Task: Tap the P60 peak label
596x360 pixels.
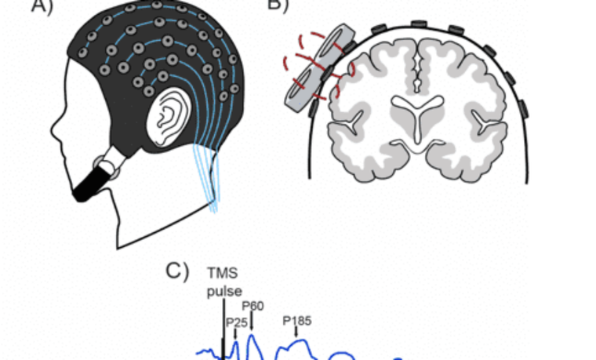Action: point(253,306)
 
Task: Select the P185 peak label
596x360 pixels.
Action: point(296,321)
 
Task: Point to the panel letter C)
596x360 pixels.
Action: point(177,271)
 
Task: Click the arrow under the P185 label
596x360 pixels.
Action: point(296,333)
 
